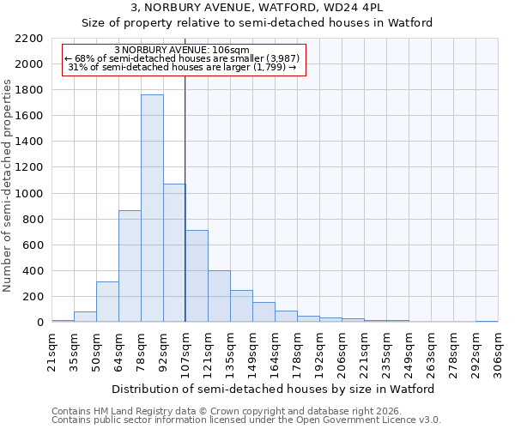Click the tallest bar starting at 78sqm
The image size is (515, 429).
(x=152, y=208)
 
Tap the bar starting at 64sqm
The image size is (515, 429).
(x=130, y=266)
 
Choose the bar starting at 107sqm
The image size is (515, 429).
(x=197, y=276)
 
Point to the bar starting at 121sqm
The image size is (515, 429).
(x=219, y=297)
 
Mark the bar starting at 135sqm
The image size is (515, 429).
(x=241, y=306)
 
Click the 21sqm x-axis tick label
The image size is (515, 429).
(x=51, y=352)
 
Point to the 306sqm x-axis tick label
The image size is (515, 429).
(x=498, y=352)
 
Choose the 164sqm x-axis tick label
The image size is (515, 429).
(x=275, y=352)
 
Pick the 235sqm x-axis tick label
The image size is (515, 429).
(x=386, y=352)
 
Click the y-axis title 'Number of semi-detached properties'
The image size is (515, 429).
(x=9, y=185)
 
